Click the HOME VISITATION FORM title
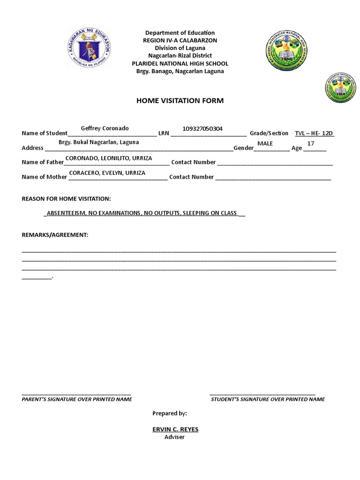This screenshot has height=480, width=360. click(x=180, y=101)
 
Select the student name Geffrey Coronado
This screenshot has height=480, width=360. click(x=105, y=128)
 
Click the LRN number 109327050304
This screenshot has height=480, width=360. click(x=202, y=129)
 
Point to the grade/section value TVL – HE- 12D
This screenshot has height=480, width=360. click(x=314, y=133)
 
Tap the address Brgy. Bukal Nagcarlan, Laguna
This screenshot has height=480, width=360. click(x=98, y=142)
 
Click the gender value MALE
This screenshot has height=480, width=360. click(x=265, y=143)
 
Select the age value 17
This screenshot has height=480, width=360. click(x=310, y=143)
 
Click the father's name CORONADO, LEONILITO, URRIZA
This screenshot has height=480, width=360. click(x=108, y=158)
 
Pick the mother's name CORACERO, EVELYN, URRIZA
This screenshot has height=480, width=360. click(x=107, y=172)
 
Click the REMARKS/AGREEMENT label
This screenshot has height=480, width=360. click(x=55, y=234)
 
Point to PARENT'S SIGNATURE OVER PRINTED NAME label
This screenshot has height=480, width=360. click(x=77, y=399)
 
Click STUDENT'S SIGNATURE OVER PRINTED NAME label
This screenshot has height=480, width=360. click(x=268, y=399)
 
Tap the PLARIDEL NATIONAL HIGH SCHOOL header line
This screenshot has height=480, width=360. click(x=180, y=63)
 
